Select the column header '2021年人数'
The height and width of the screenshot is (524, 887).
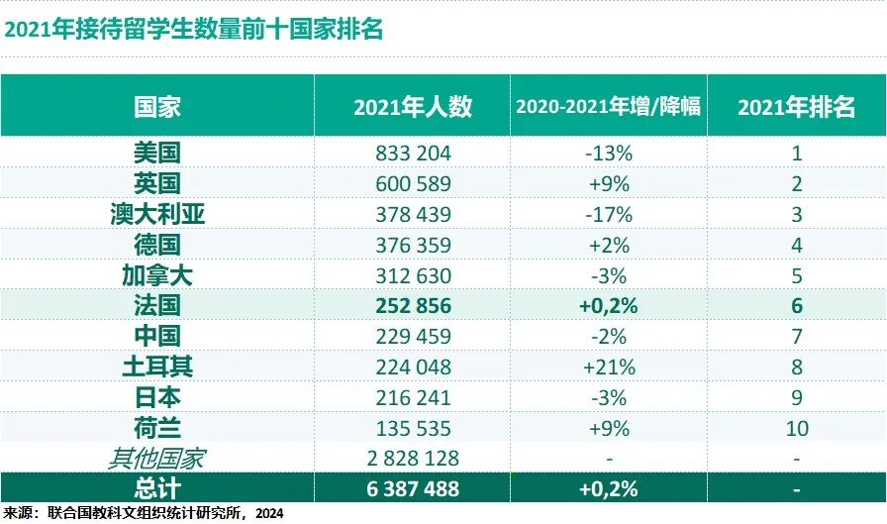coord(413,107)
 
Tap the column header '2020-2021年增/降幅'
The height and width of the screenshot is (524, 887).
coord(608,107)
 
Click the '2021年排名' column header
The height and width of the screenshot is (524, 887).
coord(796,107)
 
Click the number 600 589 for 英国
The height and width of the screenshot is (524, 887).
coord(413,183)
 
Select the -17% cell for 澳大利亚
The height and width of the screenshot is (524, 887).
coord(608,214)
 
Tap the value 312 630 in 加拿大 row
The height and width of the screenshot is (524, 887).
coord(413,275)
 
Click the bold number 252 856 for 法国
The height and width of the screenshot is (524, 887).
coord(413,306)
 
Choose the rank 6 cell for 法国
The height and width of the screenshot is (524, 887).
coord(796,306)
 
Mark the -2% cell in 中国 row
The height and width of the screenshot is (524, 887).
coord(608,337)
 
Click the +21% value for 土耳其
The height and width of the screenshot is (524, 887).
coord(608,367)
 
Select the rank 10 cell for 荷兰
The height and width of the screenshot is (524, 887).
coord(796,428)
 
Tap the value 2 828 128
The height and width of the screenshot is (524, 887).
coord(413,459)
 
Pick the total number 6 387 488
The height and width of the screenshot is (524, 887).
coord(413,488)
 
